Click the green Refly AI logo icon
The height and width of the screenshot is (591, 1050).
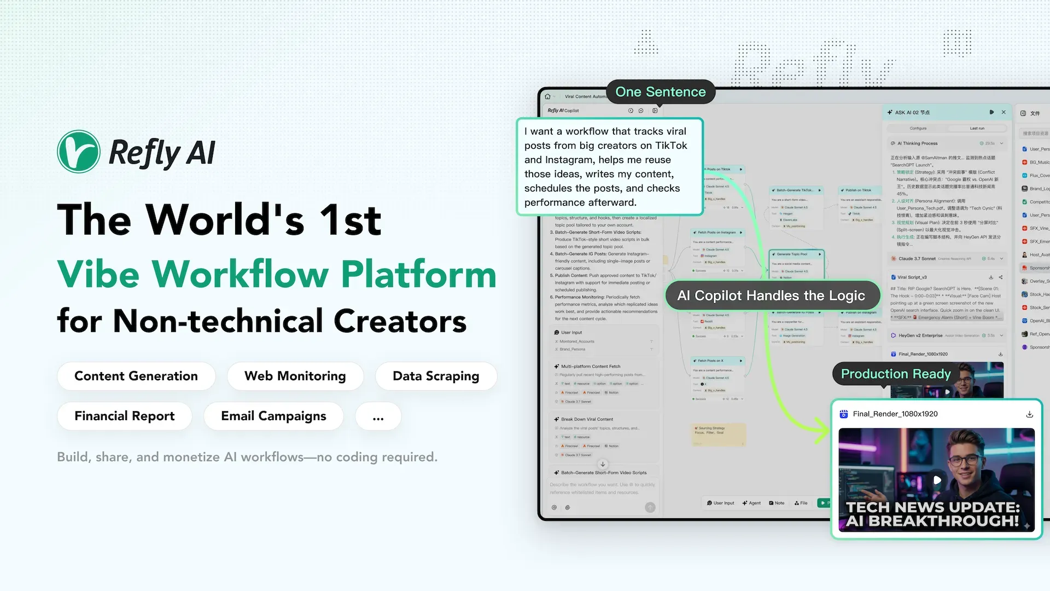[79, 152]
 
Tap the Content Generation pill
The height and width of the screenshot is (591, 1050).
[136, 376]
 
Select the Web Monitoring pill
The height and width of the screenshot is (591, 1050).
[295, 376]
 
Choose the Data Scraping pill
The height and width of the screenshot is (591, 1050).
[436, 376]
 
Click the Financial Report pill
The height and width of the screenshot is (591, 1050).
[125, 416]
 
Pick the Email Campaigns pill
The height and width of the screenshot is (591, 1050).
[273, 416]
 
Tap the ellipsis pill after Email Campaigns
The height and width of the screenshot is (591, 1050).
[378, 416]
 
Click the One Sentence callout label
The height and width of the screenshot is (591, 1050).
[661, 92]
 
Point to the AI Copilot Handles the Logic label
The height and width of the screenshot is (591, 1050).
[771, 296]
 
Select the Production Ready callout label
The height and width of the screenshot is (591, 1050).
[896, 374]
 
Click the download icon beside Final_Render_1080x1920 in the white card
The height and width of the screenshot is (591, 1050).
[1029, 414]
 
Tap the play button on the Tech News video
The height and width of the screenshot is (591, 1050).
[937, 480]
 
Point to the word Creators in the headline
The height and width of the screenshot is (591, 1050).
[400, 321]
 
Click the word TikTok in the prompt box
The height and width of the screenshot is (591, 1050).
[671, 146]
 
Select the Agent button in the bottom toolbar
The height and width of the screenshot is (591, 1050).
[751, 503]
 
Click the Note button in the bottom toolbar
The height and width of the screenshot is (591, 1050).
[777, 503]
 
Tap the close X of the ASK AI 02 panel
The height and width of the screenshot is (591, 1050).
[1004, 112]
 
